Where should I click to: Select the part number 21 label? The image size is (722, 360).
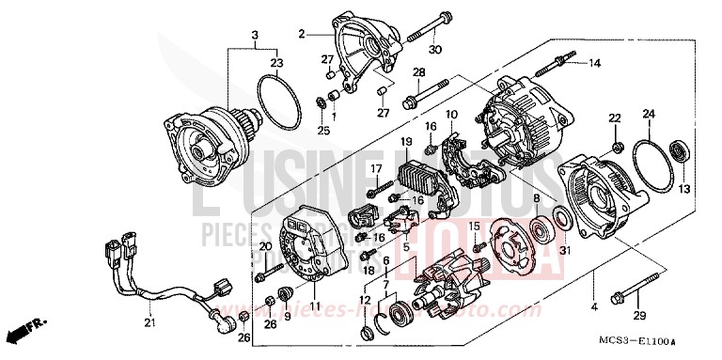coord(147,324)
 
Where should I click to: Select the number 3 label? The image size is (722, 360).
coord(254,36)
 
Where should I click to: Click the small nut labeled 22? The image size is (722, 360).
coord(616,147)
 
